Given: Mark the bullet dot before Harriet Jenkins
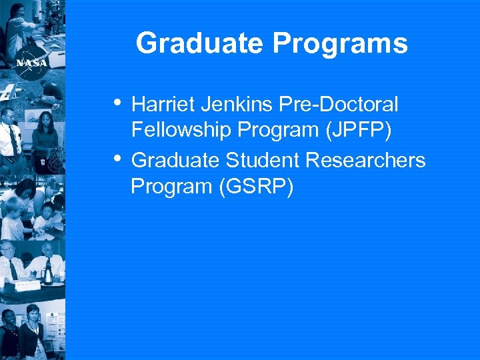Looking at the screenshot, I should point(117,103).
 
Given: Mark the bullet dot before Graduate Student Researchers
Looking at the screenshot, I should point(117,159).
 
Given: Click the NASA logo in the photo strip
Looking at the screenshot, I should point(31,62).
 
